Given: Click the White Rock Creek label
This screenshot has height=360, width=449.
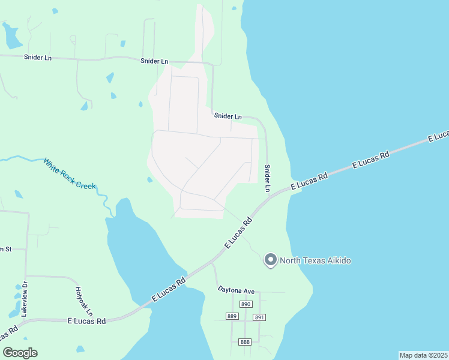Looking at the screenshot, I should click(69, 173).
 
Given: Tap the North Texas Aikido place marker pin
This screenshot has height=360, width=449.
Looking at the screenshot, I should click(271, 260).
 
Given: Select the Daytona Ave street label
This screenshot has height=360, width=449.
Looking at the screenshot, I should click(236, 292).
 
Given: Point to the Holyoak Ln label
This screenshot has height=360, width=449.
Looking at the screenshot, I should click(83, 301).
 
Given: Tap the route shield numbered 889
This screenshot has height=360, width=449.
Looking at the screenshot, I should click(232, 316).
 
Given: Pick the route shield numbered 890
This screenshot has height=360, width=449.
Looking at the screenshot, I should click(245, 304).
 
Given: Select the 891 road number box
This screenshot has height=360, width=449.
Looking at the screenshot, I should click(259, 317).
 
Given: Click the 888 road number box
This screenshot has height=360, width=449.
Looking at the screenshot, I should click(245, 341).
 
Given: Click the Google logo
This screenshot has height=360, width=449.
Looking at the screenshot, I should click(20, 353).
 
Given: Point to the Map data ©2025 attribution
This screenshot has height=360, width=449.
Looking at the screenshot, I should click(423, 355).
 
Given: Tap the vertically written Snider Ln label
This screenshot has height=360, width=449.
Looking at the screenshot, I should click(268, 178).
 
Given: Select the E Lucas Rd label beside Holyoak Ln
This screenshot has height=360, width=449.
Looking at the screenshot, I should click(86, 321).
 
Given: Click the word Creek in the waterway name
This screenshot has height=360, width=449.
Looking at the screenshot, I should click(86, 182).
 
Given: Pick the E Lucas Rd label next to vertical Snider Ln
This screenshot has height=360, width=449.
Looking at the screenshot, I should click(309, 181).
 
